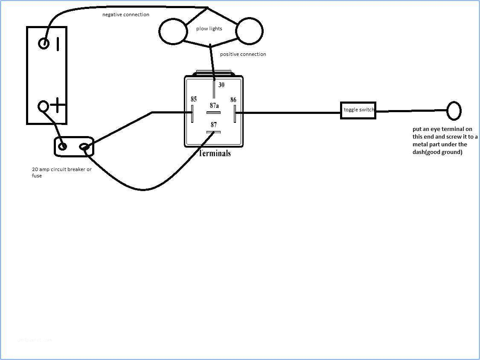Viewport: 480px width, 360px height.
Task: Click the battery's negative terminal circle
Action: (x=44, y=43)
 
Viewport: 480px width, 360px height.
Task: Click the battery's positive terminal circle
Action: (x=44, y=106)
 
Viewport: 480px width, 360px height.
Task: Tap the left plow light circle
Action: (x=173, y=31)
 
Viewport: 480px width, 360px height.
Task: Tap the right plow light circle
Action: (x=250, y=31)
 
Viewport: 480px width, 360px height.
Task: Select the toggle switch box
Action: (x=358, y=110)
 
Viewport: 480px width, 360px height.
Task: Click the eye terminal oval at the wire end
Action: (x=454, y=111)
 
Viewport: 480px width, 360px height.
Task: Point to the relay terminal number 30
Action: (x=221, y=85)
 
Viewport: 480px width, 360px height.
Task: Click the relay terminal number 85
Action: (x=194, y=99)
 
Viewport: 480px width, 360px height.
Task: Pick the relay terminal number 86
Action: (x=233, y=100)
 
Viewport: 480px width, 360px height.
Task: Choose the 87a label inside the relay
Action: (x=214, y=105)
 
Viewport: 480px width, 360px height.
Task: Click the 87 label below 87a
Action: (x=214, y=125)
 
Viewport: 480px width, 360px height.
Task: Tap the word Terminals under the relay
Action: (x=215, y=153)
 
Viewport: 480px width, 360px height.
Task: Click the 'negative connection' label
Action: (x=126, y=15)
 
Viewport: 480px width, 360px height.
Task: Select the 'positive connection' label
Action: (x=243, y=54)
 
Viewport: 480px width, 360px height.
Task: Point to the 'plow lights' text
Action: (x=209, y=29)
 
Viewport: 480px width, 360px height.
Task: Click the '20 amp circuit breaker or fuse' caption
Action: (x=61, y=172)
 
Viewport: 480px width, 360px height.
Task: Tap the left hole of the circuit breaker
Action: (x=63, y=147)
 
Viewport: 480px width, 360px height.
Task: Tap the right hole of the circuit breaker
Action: (x=84, y=148)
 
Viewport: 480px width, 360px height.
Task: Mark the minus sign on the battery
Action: (x=58, y=43)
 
